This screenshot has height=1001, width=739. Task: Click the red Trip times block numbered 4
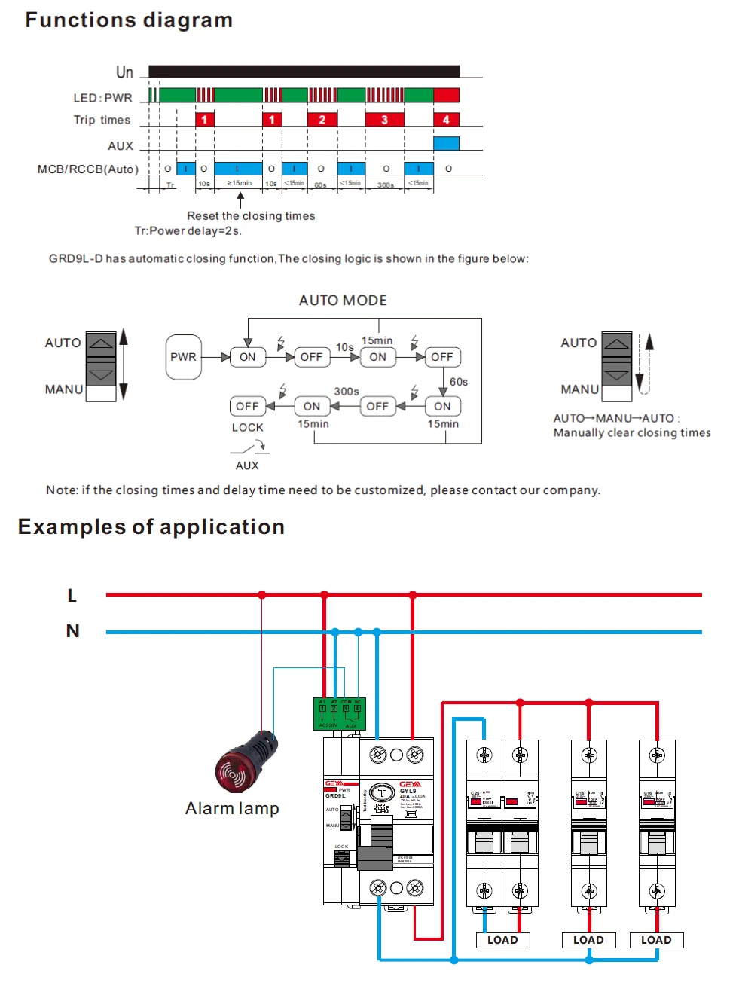pos(446,119)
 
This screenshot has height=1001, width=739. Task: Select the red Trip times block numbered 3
pos(384,119)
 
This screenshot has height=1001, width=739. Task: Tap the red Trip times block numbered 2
pos(322,119)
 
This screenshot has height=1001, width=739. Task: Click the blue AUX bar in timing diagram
pos(446,143)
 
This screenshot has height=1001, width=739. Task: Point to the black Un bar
pos(304,72)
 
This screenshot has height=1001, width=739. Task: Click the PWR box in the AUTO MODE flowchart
pos(183,357)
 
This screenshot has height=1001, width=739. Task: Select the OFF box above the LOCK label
pos(247,407)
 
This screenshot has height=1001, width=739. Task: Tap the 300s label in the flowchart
pos(347,392)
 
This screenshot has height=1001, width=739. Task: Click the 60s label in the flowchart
pos(459,382)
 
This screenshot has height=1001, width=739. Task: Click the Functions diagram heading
pos(129,20)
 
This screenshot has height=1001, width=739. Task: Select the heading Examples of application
pos(151,527)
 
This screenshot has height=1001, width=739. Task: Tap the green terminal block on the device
pos(339,713)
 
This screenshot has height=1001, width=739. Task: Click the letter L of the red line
pos(72,596)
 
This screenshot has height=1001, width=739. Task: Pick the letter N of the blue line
pos(72,631)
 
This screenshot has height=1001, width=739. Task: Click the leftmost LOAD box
pos(502,940)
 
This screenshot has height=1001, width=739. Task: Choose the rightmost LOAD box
pos(656,940)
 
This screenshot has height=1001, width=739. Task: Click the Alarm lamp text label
pos(232,809)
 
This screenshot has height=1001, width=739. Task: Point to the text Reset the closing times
pos(251,216)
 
